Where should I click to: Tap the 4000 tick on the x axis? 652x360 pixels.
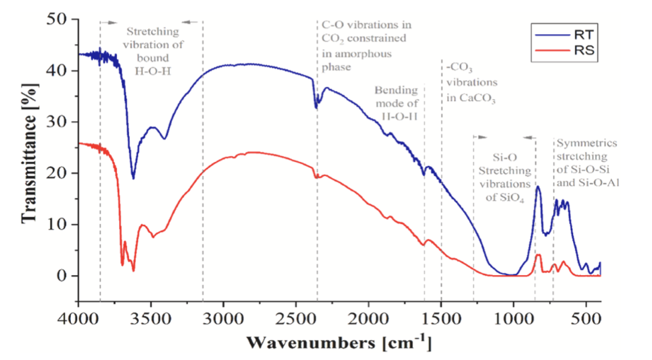(x=78, y=301)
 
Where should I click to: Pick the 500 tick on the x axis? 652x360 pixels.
(x=586, y=301)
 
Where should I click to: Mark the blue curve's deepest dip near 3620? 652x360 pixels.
(x=133, y=179)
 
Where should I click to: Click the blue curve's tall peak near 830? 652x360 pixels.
(x=538, y=187)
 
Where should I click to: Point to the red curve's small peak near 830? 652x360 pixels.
(x=538, y=255)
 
